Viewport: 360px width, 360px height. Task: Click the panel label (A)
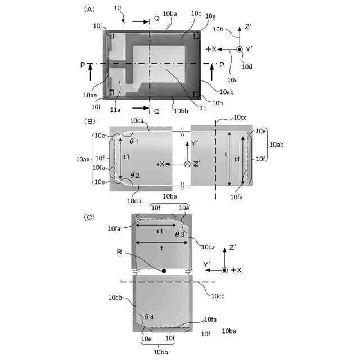89,10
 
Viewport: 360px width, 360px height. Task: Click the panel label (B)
89,120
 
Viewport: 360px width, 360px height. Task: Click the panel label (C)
89,217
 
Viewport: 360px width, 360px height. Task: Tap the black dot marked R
164,271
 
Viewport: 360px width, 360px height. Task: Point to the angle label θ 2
134,175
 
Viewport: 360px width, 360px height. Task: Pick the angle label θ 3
181,234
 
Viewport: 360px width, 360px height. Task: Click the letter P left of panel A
82,65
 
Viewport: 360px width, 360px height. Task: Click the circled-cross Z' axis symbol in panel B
187,164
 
